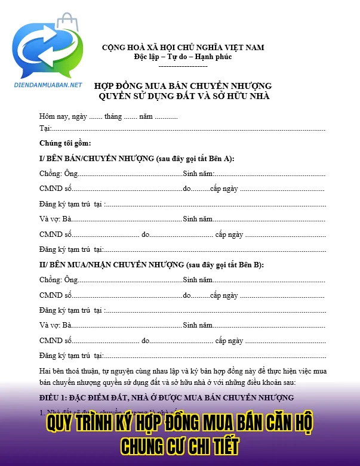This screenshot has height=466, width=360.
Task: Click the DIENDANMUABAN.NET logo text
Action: tap(47, 85)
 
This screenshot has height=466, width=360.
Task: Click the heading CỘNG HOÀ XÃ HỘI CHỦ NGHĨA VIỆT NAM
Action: tap(183, 47)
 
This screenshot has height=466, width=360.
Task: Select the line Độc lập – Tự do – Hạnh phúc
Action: tap(183, 57)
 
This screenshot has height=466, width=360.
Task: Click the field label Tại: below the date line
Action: tap(45, 128)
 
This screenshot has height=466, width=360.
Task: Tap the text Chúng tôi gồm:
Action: tap(65, 143)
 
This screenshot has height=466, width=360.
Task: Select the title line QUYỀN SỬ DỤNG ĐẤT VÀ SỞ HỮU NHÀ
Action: tap(183, 96)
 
